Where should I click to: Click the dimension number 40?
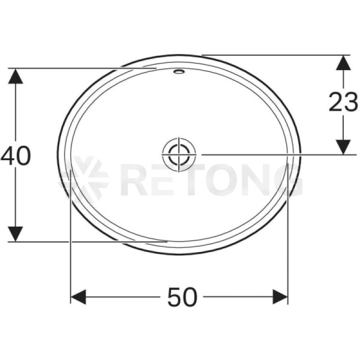16,156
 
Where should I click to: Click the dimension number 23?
344,102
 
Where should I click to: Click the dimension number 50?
182,298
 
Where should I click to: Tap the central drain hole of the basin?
179,155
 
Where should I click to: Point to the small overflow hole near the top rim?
179,71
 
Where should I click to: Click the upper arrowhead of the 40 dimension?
16,76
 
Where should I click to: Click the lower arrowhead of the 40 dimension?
16,234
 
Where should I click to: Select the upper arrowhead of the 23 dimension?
343,62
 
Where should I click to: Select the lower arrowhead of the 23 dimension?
343,147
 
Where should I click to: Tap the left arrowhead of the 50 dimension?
78,297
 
